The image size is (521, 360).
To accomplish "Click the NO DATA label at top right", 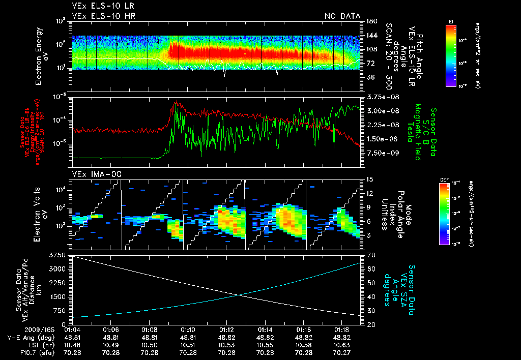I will tap(342, 16).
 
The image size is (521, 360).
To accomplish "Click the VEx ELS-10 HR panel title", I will tap(104, 16).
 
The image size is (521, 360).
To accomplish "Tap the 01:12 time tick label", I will tap(227, 330).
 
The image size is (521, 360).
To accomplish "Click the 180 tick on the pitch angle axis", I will tap(370, 21).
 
